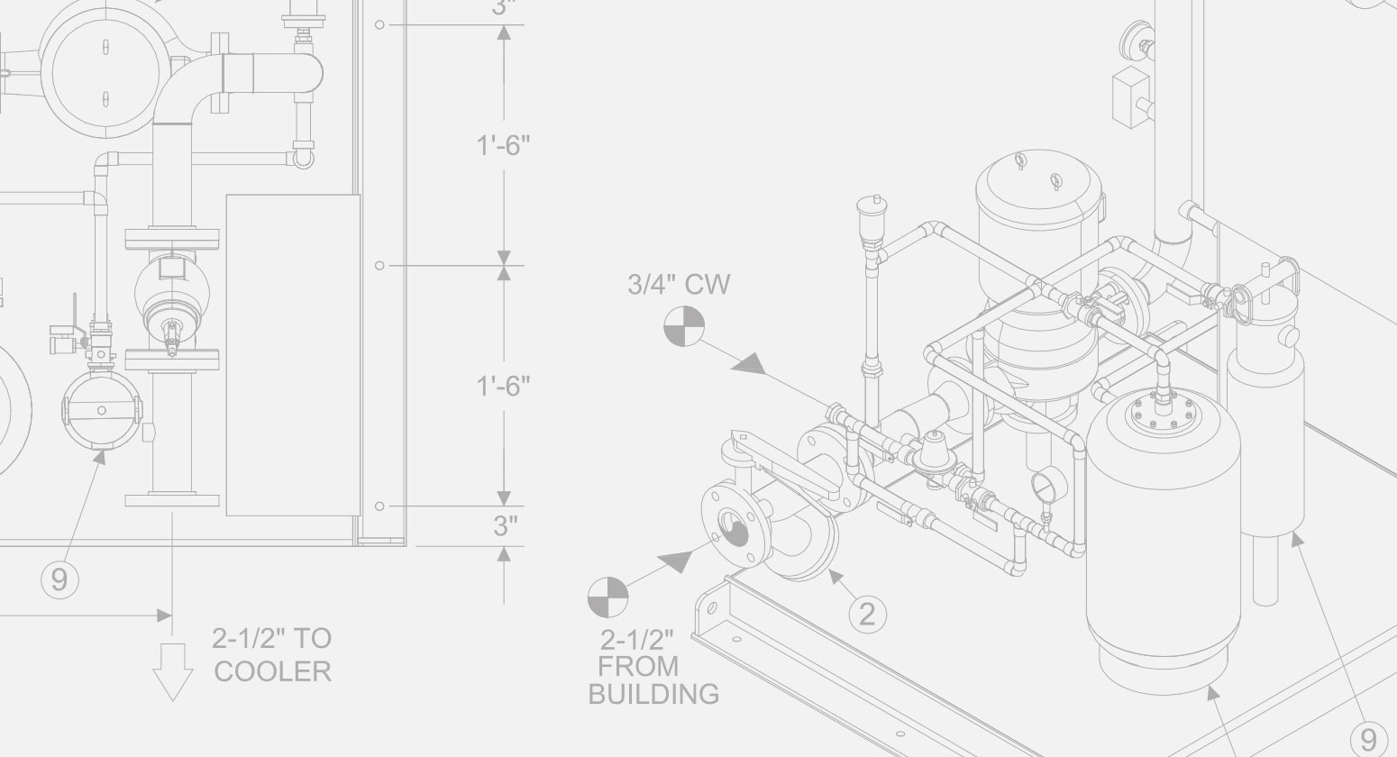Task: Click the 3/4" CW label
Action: pyautogui.click(x=679, y=285)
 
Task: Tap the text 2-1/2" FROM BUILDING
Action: pyautogui.click(x=653, y=667)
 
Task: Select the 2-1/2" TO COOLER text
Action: pyautogui.click(x=272, y=655)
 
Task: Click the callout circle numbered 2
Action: pyautogui.click(x=867, y=614)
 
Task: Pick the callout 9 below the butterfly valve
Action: pyautogui.click(x=59, y=579)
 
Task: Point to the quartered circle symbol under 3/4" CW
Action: pyautogui.click(x=684, y=326)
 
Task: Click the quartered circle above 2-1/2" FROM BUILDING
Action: pyautogui.click(x=607, y=597)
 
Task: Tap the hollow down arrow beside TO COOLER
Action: pyautogui.click(x=172, y=671)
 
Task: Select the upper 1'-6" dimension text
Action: pyautogui.click(x=503, y=145)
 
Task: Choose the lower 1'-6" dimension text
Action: pyautogui.click(x=503, y=386)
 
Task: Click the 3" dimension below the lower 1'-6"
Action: pyautogui.click(x=504, y=526)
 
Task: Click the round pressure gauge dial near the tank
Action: pyautogui.click(x=1046, y=486)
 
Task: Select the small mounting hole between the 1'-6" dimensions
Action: pyautogui.click(x=379, y=266)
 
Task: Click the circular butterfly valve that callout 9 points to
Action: pyautogui.click(x=101, y=410)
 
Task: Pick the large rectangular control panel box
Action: pyautogui.click(x=292, y=355)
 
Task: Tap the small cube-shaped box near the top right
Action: pyautogui.click(x=1128, y=91)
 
